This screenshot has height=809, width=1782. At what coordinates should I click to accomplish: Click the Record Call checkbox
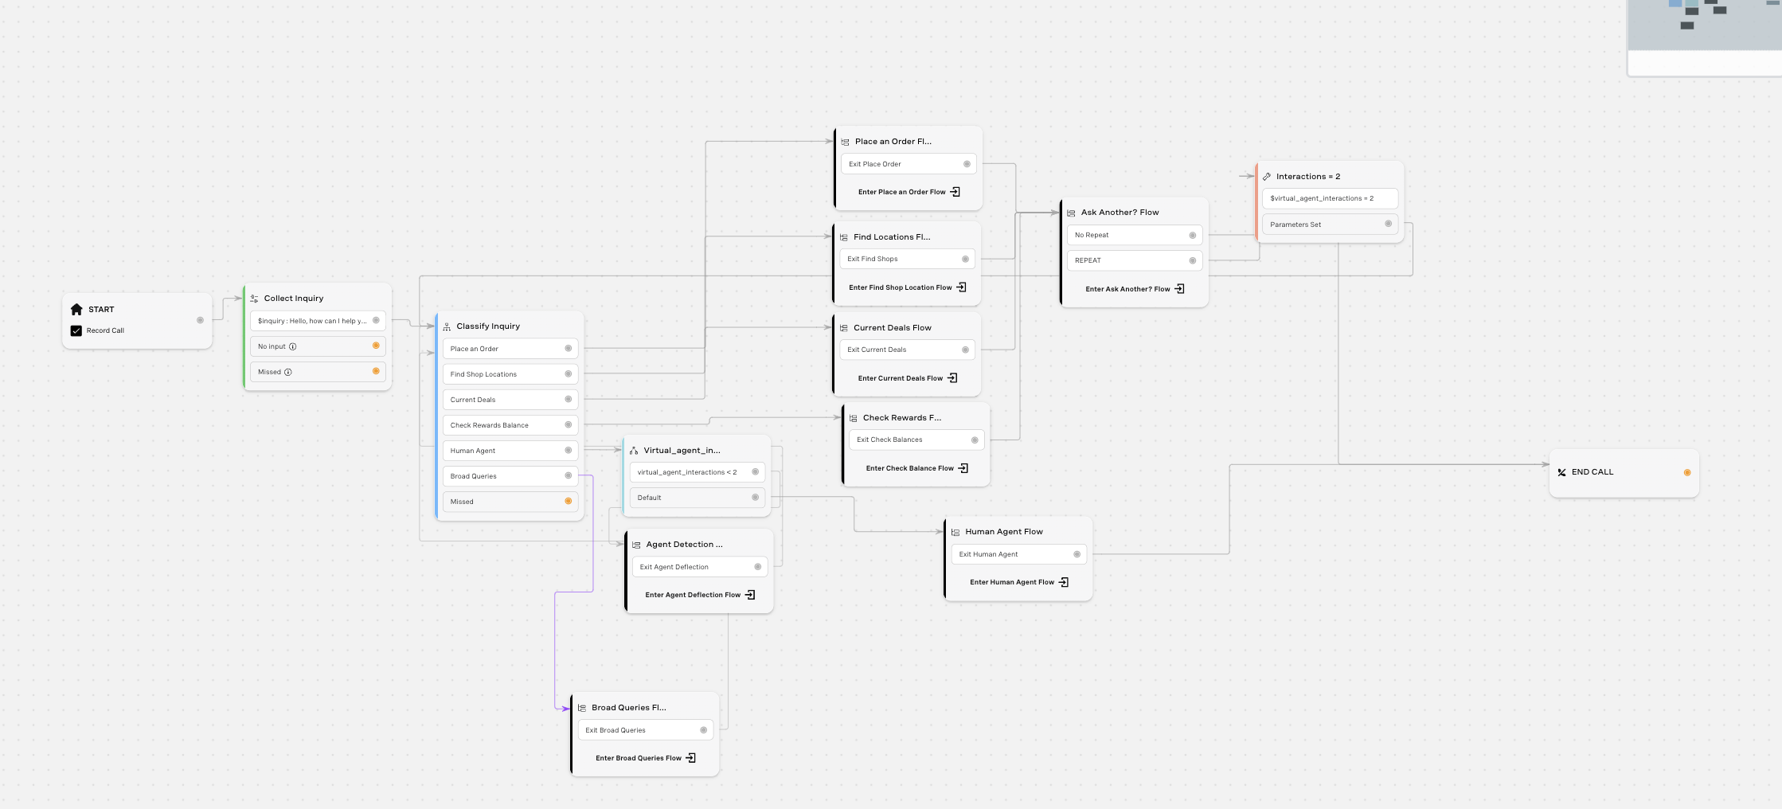(76, 330)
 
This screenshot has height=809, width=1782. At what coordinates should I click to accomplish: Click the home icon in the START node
(76, 309)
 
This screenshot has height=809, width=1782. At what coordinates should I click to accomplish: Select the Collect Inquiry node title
(294, 298)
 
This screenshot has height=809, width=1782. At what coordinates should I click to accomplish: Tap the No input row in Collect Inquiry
(318, 346)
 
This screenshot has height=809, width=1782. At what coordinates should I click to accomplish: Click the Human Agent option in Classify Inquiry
(510, 451)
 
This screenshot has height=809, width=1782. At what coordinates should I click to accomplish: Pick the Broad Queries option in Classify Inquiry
(510, 476)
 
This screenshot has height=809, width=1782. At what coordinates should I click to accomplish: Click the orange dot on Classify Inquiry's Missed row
(568, 502)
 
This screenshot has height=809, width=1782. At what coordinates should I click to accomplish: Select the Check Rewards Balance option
(510, 425)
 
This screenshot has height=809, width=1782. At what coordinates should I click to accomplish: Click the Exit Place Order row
(909, 164)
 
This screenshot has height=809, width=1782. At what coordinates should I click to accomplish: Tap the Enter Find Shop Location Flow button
(907, 287)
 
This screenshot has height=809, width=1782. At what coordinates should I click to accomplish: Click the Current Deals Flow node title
(893, 327)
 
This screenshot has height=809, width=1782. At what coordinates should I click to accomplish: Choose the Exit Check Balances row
(916, 440)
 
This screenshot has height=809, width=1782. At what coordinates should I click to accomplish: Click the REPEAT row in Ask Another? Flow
(1135, 260)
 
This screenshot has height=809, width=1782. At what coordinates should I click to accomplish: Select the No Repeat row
(1135, 235)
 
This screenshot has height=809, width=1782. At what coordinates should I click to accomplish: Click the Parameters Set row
(1330, 225)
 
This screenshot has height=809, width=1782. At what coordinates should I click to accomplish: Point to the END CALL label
(1592, 472)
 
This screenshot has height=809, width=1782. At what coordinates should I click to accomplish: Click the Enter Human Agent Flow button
(1019, 582)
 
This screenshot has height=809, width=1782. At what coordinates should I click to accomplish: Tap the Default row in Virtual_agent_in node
(697, 498)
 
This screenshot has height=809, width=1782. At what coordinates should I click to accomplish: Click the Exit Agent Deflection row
(700, 567)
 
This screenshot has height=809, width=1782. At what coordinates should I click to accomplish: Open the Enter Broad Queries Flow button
(646, 758)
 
